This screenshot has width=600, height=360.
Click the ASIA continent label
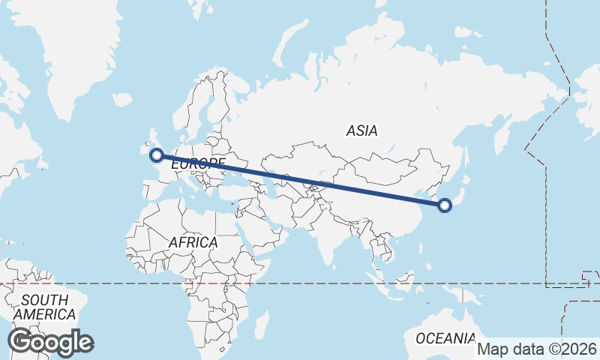tap(361, 130)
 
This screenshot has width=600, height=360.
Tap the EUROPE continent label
tap(198, 163)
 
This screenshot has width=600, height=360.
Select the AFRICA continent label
tap(193, 242)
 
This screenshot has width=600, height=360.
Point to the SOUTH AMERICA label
tap(44, 307)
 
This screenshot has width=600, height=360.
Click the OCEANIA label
tap(445, 337)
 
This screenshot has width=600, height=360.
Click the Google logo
tap(50, 342)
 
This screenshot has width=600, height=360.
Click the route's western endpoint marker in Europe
tap(157, 155)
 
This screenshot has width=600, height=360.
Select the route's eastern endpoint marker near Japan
tap(445, 205)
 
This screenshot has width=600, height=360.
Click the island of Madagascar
tap(262, 324)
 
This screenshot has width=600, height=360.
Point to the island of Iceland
tap(121, 100)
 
